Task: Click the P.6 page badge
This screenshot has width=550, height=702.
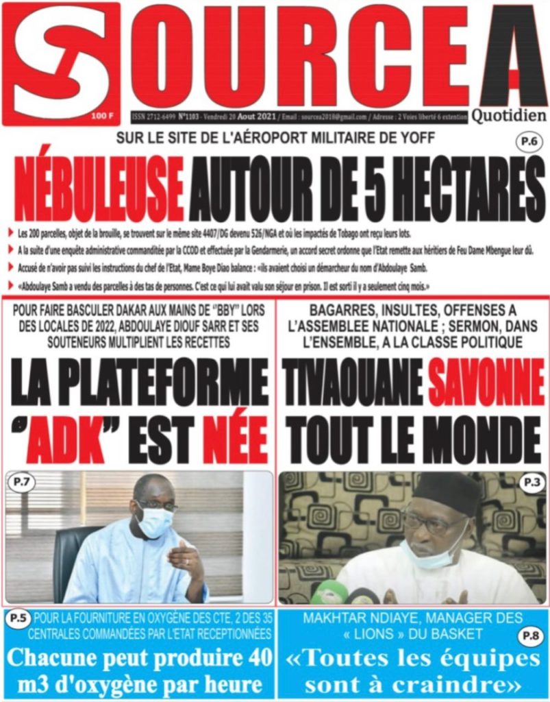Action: click(529, 143)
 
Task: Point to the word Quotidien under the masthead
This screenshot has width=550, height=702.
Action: click(508, 116)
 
